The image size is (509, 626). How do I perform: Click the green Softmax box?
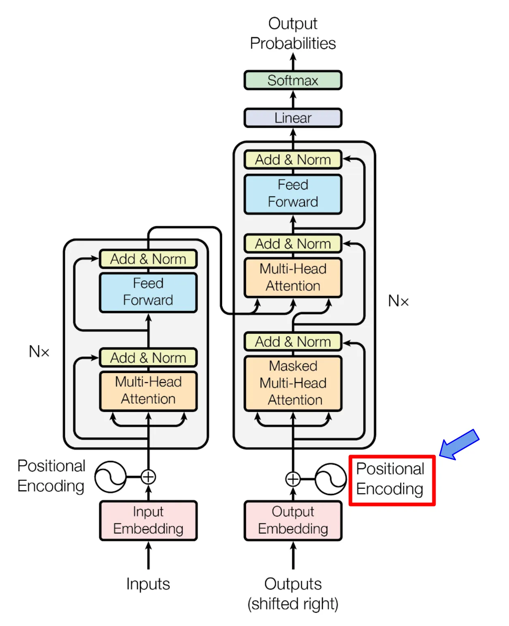point(293,80)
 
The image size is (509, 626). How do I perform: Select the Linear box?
point(293,118)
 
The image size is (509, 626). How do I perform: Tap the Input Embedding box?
point(148,521)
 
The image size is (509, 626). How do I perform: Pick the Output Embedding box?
point(293,521)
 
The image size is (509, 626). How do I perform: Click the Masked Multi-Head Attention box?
point(293,383)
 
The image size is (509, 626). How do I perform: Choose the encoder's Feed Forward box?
point(148,292)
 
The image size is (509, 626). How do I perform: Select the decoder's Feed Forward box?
point(293,194)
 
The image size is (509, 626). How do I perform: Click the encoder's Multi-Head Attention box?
point(148,391)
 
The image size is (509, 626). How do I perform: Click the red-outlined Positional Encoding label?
point(392,480)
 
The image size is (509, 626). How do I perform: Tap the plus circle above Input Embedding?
point(148,477)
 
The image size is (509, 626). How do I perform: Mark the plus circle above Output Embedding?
point(293,479)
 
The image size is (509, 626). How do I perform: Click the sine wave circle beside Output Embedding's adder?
point(331,479)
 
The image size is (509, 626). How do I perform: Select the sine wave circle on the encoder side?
point(110,477)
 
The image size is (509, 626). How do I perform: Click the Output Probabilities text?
point(293,34)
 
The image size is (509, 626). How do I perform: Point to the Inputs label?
point(148,584)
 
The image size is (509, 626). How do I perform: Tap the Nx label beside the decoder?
point(398,301)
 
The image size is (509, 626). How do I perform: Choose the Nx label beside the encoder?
point(39,351)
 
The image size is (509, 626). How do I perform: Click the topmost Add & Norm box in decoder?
point(293,160)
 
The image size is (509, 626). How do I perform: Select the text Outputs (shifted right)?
point(293,594)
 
